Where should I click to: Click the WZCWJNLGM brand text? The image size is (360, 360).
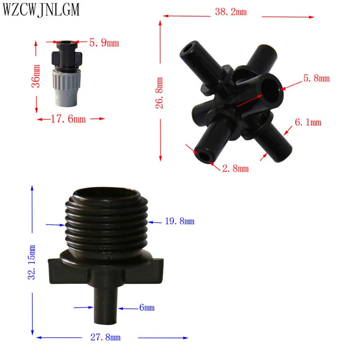pyautogui.click(x=41, y=9)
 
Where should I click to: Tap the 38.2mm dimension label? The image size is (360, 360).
pyautogui.click(x=231, y=12)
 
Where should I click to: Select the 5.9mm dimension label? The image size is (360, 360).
pyautogui.click(x=104, y=43)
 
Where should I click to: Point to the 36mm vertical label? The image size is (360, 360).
pyautogui.click(x=36, y=76)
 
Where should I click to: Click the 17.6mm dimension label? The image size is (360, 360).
pyautogui.click(x=68, y=119)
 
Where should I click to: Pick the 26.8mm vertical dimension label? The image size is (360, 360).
pyautogui.click(x=159, y=93)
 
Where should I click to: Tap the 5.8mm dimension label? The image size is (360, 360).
pyautogui.click(x=316, y=78)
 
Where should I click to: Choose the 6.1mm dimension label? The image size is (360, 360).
pyautogui.click(x=308, y=122)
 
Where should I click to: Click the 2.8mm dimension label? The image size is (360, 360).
pyautogui.click(x=235, y=168)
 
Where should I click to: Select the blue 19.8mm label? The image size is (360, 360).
pyautogui.click(x=180, y=221)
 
